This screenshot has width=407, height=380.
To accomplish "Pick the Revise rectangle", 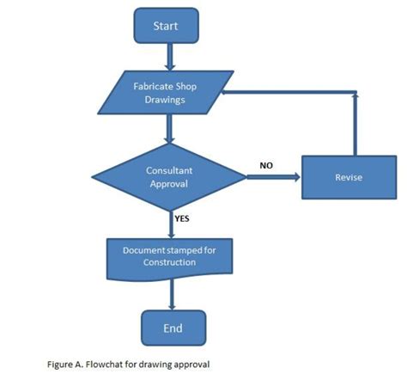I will (x=348, y=177).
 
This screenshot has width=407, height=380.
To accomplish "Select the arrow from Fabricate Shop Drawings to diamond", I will (x=172, y=129).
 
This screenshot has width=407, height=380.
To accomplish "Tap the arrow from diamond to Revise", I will (x=272, y=177).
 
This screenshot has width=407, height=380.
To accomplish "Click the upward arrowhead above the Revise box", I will (x=352, y=96).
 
